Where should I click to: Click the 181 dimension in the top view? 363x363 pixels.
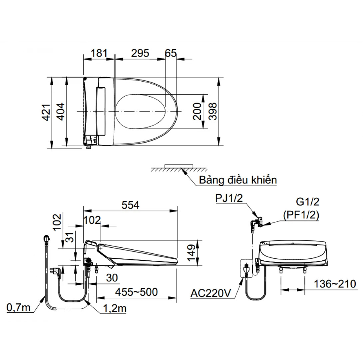click(99, 53)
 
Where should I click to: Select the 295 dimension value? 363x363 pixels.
click(140, 53)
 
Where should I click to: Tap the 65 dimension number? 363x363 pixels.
click(171, 53)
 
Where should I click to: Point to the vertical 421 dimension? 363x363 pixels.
click(46, 112)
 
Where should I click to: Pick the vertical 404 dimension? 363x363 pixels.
click(61, 112)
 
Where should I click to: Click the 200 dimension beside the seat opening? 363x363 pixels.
click(197, 111)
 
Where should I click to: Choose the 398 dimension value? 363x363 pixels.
click(213, 111)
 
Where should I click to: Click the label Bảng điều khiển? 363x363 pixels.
click(238, 180)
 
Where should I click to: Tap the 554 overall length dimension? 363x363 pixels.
click(130, 205)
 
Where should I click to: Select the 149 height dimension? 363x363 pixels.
click(191, 253)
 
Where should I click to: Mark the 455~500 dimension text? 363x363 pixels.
click(136, 292)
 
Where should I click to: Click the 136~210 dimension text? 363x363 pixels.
click(335, 284)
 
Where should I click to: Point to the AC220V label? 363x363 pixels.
click(211, 293)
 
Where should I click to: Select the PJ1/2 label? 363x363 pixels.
click(229, 198)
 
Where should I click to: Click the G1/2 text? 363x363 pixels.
click(307, 202)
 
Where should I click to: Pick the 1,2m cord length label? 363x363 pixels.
click(114, 308)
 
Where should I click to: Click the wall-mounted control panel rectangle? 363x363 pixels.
click(179, 166)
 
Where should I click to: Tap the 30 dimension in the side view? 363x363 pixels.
click(112, 277)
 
